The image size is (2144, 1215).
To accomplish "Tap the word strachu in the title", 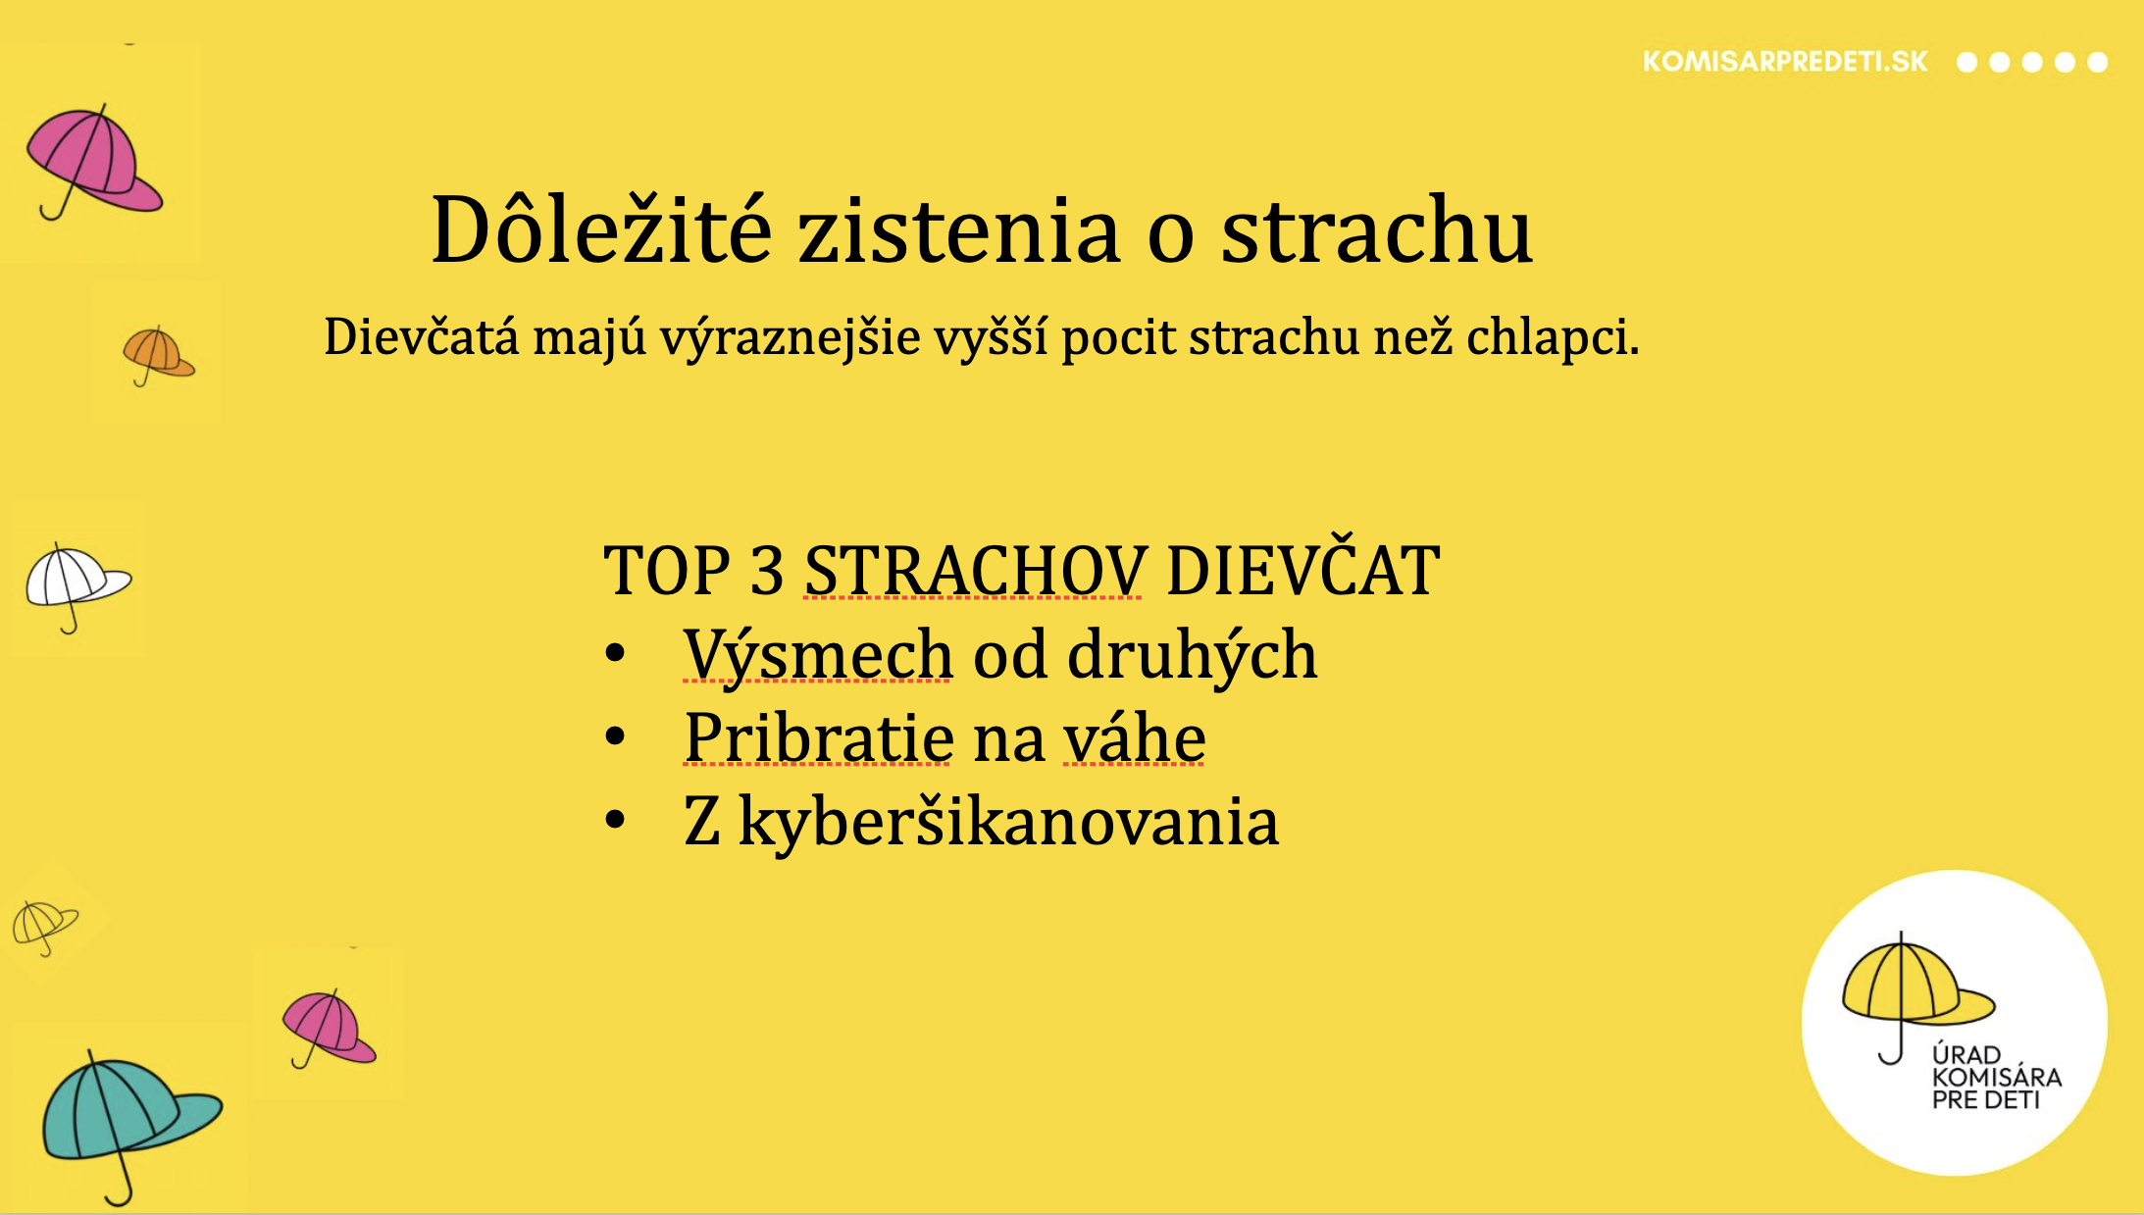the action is [1376, 231].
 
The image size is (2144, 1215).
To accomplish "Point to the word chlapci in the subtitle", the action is [1553, 337].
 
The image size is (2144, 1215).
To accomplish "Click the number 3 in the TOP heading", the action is [766, 570].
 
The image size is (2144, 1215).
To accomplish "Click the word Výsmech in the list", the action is [818, 654].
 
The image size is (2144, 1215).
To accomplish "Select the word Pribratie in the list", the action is [818, 737].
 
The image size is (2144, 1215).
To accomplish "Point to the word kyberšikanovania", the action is [1008, 822].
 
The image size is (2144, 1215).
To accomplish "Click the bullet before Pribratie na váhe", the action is [615, 736].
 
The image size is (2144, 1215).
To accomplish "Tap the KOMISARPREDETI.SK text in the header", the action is [1785, 62].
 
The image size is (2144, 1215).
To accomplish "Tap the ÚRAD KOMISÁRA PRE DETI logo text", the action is [1996, 1077].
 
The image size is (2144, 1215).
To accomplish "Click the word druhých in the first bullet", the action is [1192, 654].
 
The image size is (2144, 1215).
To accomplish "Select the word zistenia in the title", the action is [958, 231].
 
